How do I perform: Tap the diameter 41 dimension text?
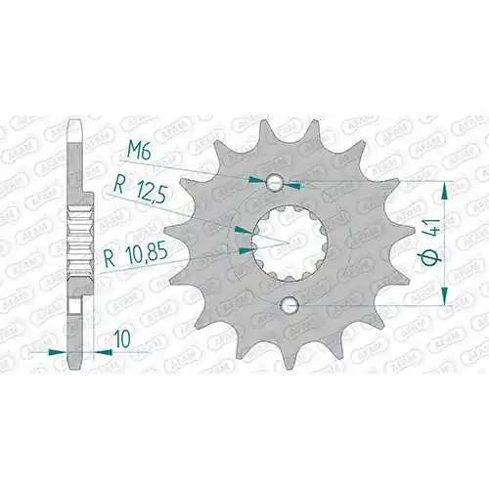(431, 243)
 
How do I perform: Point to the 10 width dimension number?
(122, 338)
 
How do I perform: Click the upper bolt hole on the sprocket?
(274, 183)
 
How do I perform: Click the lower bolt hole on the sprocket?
(290, 305)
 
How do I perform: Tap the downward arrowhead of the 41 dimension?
(444, 296)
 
